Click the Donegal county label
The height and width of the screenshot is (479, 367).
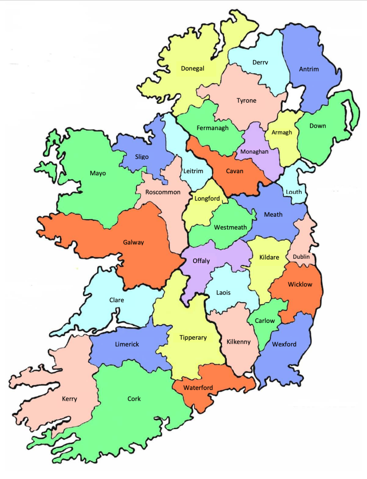pos(192,68)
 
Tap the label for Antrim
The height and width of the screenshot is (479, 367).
pos(309,69)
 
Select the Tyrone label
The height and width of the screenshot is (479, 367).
pos(246,101)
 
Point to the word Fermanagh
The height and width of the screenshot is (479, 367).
pos(212,128)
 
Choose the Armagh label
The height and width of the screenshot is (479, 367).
pos(282,133)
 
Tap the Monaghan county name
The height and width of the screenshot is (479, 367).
pos(254,152)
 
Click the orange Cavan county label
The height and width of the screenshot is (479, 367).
pos(235,171)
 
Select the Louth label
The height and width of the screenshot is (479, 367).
pos(294,192)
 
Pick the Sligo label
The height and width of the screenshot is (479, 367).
pos(142,157)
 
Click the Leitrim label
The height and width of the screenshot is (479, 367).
pos(193,171)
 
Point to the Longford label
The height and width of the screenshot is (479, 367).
pos(207,198)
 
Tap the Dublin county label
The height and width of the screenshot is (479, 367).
pos(301,257)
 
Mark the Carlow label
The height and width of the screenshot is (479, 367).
pos(265,321)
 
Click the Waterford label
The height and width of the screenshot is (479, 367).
pos(198,388)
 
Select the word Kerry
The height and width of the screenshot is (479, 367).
pos(69,399)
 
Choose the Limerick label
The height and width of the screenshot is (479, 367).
pos(127,344)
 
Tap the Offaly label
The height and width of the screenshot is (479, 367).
pos(201,261)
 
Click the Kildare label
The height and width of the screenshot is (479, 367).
pos(269,257)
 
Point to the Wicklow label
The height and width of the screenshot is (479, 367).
pos(300,285)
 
